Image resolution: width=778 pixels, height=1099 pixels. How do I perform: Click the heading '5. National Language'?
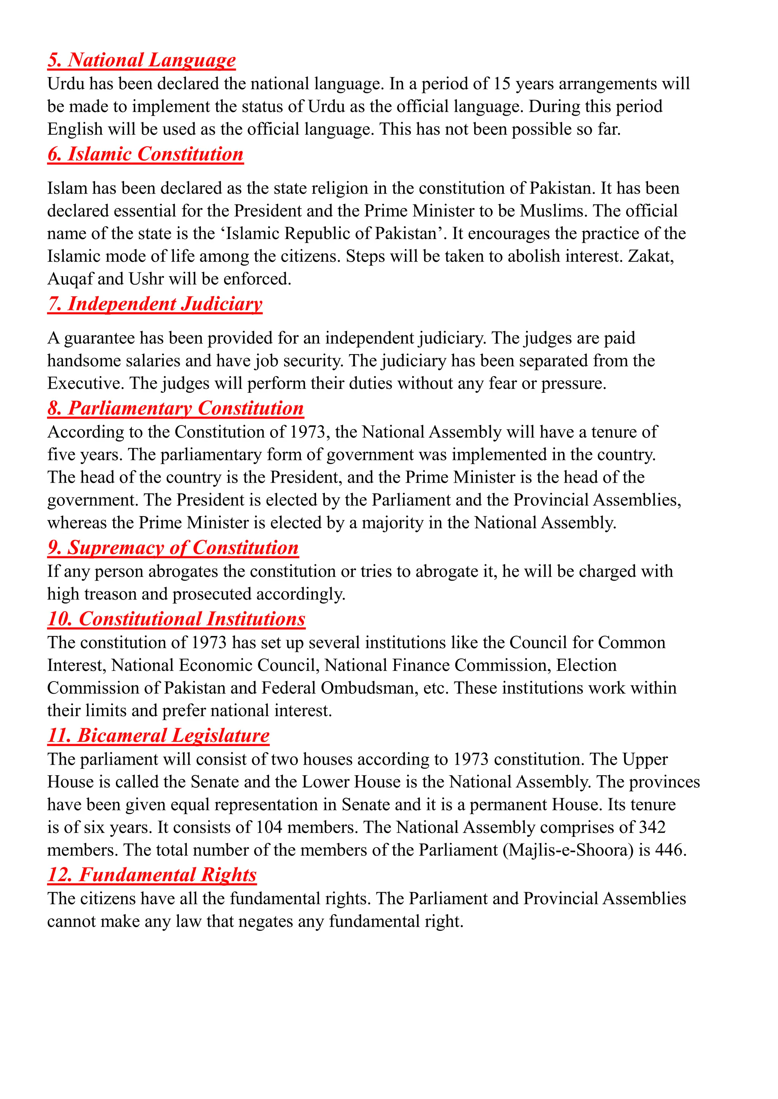141,60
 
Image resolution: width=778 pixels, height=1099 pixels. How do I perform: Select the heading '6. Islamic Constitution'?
145,154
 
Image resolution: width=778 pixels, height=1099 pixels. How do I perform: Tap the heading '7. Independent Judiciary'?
155,304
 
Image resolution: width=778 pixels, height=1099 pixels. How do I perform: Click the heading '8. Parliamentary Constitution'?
176,408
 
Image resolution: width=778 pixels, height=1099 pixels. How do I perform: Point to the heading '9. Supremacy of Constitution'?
173,548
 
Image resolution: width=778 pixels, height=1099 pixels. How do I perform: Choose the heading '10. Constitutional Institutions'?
176,619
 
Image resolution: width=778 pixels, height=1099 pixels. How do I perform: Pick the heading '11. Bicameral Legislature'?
158,736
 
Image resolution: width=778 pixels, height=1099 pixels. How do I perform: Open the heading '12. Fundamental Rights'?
152,875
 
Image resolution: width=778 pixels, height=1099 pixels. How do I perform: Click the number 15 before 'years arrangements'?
501,84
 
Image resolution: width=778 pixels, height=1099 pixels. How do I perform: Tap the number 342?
652,828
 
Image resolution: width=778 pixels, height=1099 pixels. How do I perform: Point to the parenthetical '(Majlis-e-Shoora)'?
568,850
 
